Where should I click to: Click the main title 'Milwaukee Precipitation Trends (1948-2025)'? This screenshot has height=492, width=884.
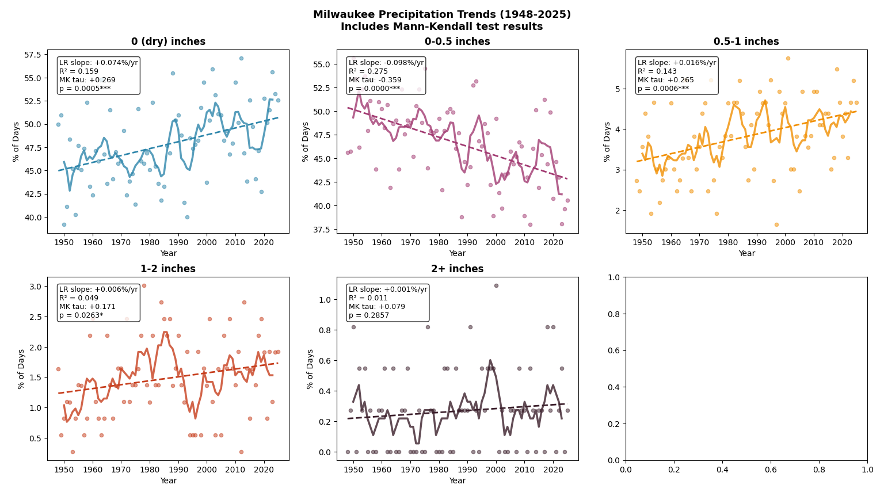441,14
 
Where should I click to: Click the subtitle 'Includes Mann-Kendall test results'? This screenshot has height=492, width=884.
441,26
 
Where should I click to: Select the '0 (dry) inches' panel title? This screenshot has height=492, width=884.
168,41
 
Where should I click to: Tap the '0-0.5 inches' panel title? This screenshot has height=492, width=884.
457,41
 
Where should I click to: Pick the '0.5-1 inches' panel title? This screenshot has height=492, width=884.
746,41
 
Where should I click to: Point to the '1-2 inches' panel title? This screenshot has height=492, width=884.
168,269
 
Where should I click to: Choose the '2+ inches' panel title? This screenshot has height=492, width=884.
457,269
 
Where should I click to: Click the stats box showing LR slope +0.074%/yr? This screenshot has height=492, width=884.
98,75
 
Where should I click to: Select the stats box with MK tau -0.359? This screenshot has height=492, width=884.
386,75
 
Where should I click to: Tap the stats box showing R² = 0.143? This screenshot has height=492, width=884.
677,75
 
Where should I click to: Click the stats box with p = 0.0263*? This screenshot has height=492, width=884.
98,303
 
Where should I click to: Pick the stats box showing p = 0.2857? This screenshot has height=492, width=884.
387,303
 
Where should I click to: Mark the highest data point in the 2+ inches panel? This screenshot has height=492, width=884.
496,285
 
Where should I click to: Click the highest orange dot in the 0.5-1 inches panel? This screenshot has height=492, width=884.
788,58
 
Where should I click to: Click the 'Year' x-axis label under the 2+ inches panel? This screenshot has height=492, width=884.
457,480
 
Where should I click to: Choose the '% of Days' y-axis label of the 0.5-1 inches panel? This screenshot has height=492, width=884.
608,141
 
